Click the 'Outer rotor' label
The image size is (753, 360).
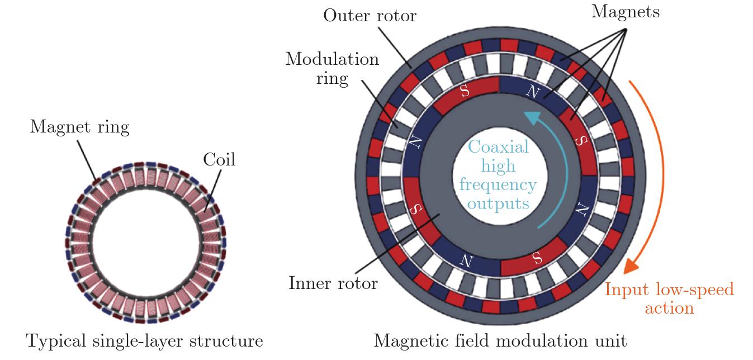coord(370,15)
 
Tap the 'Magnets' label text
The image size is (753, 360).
coord(625,12)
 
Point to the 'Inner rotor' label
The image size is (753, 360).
coord(333,283)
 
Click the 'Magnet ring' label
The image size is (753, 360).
coord(79,127)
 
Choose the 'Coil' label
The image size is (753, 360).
coord(220,160)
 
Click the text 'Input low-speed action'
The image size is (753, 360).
coord(669,299)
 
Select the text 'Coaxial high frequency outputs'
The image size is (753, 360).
coord(499,175)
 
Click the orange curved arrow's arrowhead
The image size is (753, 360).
coord(632,264)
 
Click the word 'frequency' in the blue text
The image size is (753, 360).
coord(499,184)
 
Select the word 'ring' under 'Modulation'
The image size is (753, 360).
coord(332,78)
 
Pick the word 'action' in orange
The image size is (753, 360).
coord(669,308)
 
